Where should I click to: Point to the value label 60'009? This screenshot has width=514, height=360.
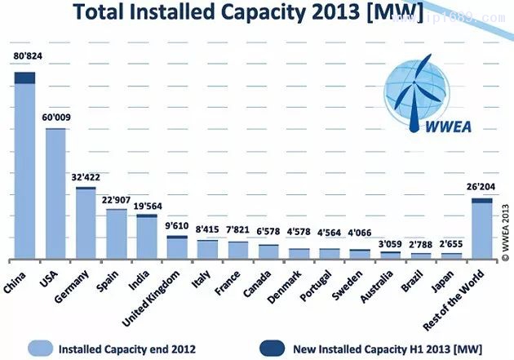point(56,117)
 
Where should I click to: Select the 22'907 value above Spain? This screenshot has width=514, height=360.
point(117,198)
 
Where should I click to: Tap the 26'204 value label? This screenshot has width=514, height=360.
point(482,185)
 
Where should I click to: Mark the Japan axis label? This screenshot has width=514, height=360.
point(446,282)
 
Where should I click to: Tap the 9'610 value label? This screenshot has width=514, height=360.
point(177,226)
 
